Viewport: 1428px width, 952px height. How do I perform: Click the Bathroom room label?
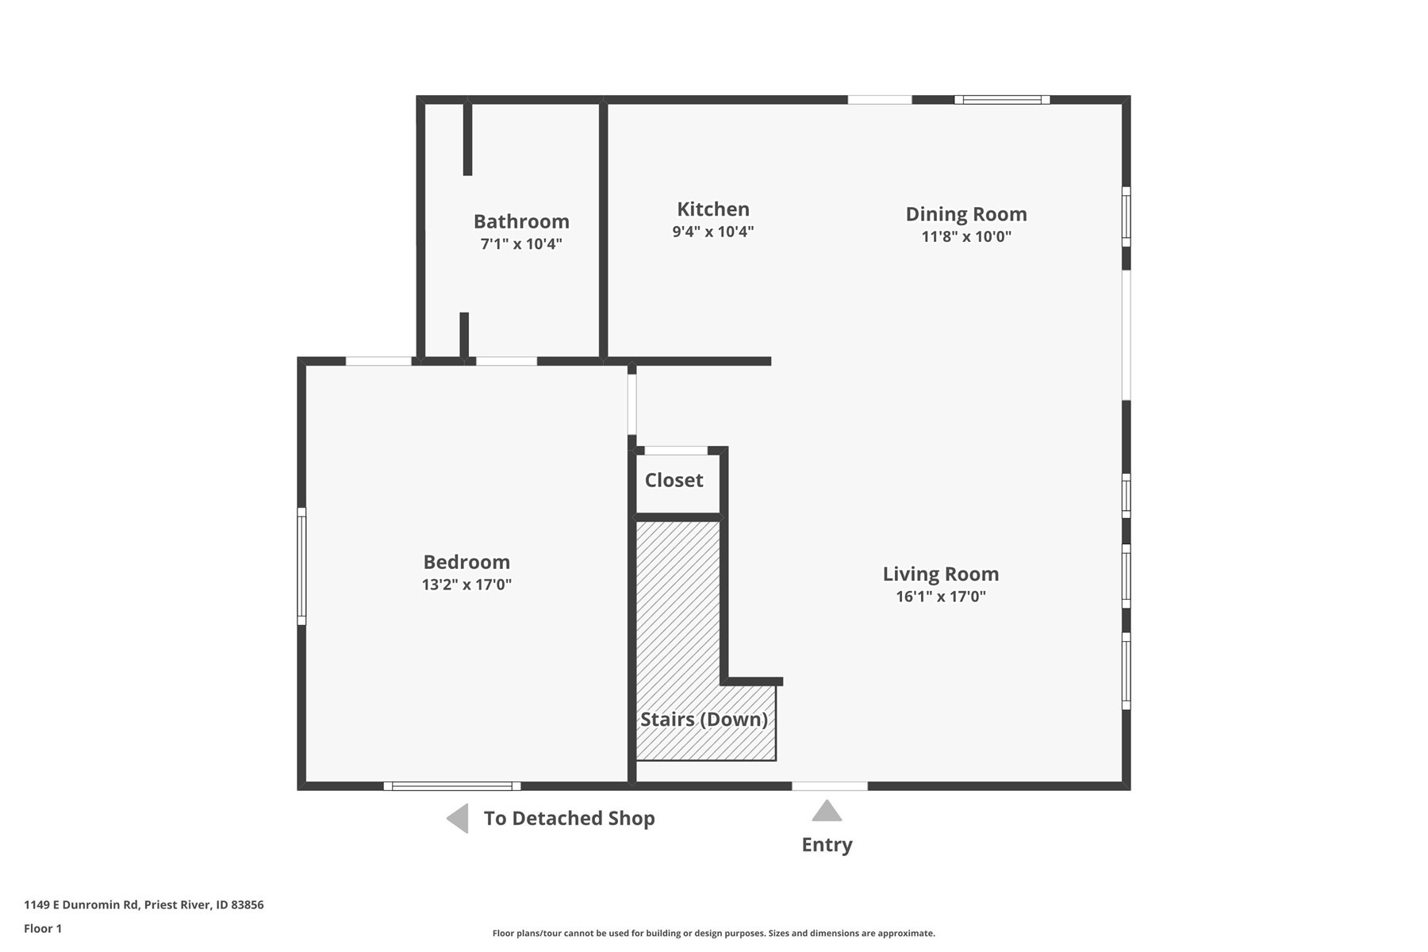[521, 221]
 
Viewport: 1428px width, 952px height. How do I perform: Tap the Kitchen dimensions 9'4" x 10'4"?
[712, 232]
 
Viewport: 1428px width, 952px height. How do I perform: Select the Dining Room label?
[965, 214]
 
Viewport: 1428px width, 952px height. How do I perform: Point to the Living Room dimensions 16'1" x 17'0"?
[940, 597]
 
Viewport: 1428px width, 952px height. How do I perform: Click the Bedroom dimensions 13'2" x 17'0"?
[466, 585]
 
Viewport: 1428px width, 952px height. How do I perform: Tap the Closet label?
[674, 480]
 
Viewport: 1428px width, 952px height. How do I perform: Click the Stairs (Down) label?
[704, 720]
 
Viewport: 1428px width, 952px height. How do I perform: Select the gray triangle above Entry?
[827, 812]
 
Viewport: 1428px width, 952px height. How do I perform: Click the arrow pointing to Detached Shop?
[458, 819]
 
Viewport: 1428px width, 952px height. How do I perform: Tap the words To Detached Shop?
[569, 819]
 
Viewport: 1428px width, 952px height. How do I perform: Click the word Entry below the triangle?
[827, 845]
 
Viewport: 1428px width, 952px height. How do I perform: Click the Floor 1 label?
[43, 928]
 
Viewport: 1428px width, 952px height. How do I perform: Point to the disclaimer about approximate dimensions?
[713, 934]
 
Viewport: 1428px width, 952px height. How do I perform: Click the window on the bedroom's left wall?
[301, 566]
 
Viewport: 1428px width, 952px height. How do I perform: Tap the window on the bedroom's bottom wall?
[452, 786]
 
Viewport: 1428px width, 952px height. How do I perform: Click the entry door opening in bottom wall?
[830, 786]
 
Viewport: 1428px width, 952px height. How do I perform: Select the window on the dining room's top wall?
[1002, 100]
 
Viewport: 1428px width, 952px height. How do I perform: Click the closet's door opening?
[675, 451]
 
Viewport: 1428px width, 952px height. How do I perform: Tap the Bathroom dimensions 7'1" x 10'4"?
[521, 244]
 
